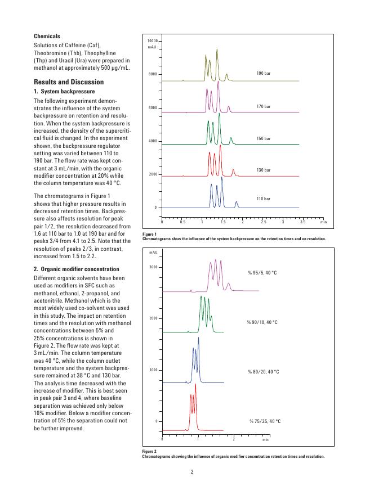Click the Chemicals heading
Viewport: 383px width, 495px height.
coord(47,36)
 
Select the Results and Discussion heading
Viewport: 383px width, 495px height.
coord(68,82)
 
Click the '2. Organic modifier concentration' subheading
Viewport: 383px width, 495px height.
coord(77,269)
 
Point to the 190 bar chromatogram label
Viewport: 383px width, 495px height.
coord(264,74)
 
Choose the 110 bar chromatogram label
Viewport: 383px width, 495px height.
coord(264,199)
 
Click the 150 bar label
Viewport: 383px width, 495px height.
coord(264,138)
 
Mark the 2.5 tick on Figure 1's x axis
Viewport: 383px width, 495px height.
coord(264,222)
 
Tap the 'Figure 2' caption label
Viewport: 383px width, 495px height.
coord(149,451)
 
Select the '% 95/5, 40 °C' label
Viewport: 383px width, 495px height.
coord(262,273)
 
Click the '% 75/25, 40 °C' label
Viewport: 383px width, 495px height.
coord(265,421)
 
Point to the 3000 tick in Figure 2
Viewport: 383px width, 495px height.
coord(152,267)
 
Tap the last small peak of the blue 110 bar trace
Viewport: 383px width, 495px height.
coord(237,202)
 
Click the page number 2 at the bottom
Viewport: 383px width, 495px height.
coord(191,471)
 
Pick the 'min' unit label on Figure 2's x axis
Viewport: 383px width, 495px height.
coord(265,439)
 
